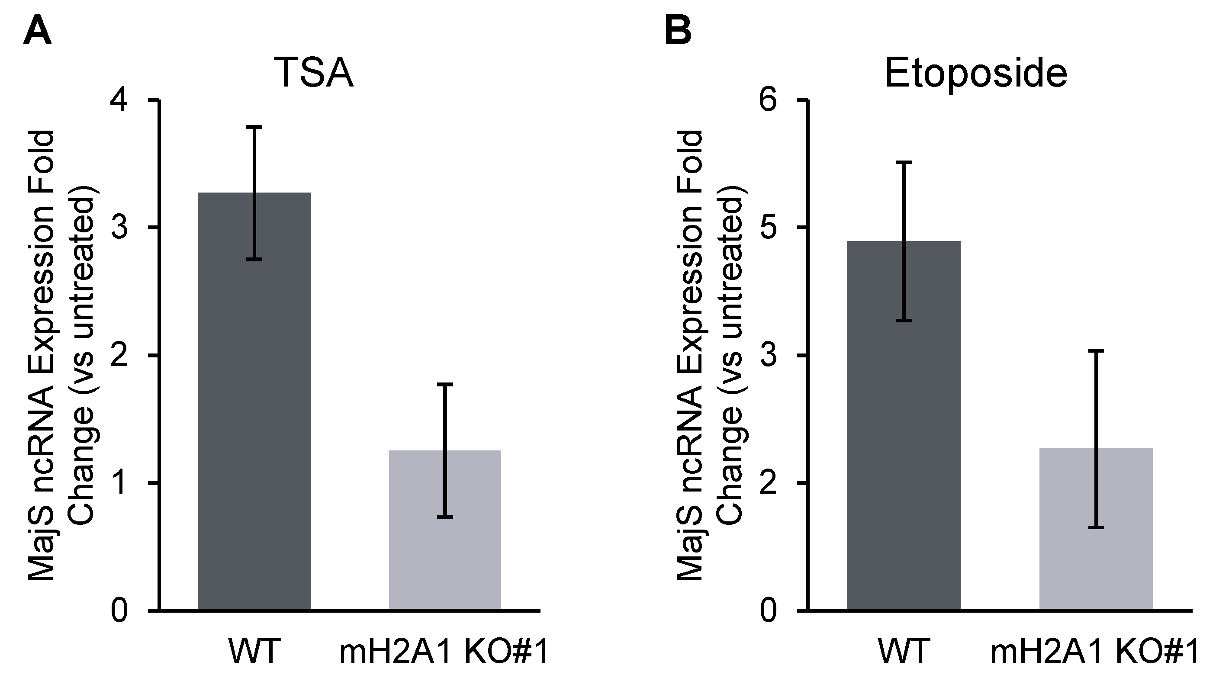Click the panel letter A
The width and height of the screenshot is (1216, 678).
point(37,31)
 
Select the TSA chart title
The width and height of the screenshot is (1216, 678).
point(313,73)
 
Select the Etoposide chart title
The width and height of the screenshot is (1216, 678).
point(975,73)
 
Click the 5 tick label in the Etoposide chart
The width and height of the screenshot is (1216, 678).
point(769,228)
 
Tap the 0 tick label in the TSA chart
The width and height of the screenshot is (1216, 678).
point(119,610)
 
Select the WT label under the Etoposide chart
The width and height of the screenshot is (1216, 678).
point(904,651)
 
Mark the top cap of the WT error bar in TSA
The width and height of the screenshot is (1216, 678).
point(254,127)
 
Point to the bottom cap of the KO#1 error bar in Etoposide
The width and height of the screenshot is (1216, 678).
point(1096,527)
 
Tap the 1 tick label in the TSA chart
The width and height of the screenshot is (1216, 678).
point(119,483)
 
